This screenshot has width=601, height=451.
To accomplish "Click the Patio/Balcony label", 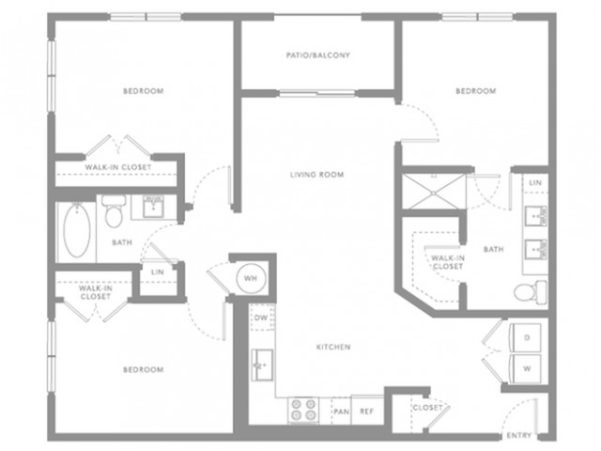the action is (x=318, y=55).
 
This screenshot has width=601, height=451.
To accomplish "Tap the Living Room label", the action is (x=317, y=175).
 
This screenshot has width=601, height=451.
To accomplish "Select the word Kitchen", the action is (x=333, y=347).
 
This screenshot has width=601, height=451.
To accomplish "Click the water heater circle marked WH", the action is (x=251, y=278).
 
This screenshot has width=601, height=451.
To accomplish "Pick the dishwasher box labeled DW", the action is (x=261, y=318).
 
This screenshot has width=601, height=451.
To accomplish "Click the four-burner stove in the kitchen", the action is (x=303, y=410).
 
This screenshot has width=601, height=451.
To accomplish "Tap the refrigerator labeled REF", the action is (x=367, y=410).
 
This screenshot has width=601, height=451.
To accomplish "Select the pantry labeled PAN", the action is (x=341, y=411).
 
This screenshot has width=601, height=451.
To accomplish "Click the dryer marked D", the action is (x=526, y=337).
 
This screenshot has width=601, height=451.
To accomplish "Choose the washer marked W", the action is (x=526, y=368).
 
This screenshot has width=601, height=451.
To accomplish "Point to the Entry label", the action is (x=519, y=435).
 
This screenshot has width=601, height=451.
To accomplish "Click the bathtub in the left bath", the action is (x=77, y=230).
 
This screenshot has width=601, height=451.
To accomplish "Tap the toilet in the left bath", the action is (x=114, y=211).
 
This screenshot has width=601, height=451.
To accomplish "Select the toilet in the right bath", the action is (x=531, y=292).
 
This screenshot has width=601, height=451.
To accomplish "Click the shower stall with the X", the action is (x=434, y=192).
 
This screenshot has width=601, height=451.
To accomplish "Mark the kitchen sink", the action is (x=262, y=365).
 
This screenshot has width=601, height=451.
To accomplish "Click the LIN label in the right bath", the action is (x=535, y=183).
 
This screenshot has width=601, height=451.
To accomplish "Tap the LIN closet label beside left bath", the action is (x=158, y=272).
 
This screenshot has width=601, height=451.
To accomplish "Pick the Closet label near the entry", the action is (x=428, y=407).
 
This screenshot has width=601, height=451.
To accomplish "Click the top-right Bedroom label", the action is (x=476, y=91).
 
